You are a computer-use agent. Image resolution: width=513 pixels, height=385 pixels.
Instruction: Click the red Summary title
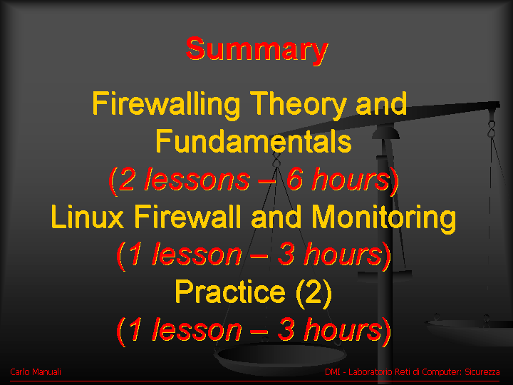click(x=256, y=49)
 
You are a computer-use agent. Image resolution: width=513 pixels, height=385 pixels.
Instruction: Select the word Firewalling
click(x=166, y=104)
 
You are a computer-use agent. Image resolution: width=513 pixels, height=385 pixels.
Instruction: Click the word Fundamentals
click(x=254, y=141)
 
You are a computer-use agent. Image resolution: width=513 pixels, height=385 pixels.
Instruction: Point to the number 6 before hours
click(x=294, y=179)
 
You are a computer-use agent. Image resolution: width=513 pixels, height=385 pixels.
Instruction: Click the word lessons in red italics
click(x=197, y=179)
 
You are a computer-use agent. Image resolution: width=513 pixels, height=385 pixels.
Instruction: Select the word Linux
click(x=88, y=217)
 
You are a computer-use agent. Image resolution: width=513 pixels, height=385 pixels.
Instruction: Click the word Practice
click(x=230, y=292)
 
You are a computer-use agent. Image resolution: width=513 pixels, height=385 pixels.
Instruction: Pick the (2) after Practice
click(x=313, y=292)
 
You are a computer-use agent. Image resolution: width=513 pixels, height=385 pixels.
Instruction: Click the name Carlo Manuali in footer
click(x=36, y=372)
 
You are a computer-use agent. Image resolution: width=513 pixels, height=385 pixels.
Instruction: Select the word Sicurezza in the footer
click(x=482, y=372)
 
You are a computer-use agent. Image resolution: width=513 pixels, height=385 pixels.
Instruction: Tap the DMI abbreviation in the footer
click(x=333, y=372)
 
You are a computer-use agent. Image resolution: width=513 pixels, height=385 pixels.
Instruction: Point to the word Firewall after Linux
click(x=190, y=217)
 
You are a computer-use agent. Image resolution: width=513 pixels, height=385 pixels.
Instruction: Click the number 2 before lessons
click(x=126, y=179)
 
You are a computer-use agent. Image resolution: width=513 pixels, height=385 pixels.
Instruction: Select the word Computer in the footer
click(x=441, y=372)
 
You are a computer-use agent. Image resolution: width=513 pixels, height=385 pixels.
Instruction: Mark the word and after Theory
click(x=381, y=104)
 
